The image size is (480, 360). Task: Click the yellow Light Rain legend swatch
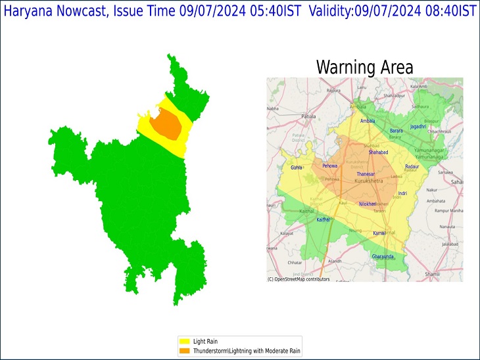(185, 342)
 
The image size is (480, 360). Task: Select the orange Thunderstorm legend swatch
(185, 351)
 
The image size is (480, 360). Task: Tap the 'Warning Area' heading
(364, 67)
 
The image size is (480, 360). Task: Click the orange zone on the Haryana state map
(165, 124)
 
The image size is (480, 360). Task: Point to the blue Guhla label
(297, 168)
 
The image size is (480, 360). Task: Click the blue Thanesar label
(366, 173)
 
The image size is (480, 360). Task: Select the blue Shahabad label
(378, 152)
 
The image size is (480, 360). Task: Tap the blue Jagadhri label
(418, 126)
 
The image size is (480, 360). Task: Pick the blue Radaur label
(412, 167)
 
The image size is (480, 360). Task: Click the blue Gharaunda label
(383, 256)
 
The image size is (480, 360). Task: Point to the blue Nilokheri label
(368, 204)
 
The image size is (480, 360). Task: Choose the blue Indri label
(402, 194)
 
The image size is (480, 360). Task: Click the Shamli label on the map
(450, 274)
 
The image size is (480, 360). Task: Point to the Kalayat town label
(287, 233)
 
